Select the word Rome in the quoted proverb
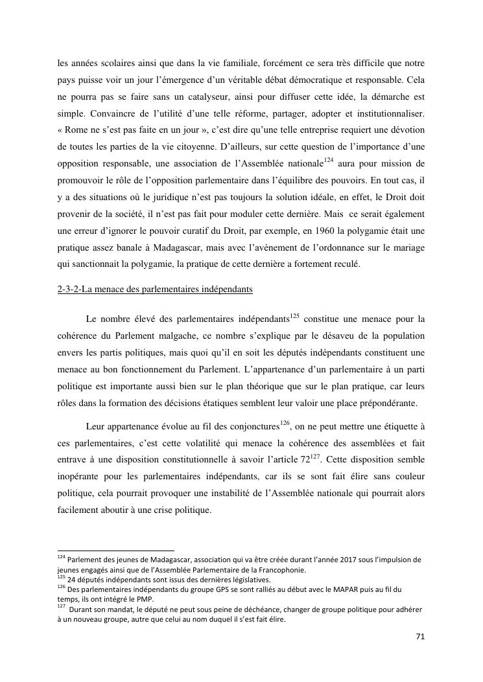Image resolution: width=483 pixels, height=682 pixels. tap(80, 130)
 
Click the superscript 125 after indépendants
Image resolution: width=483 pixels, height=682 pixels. tap(294, 315)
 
